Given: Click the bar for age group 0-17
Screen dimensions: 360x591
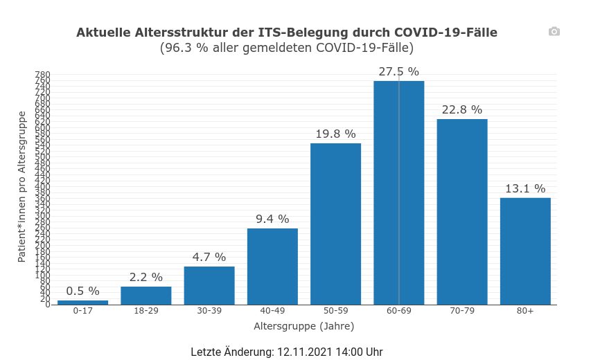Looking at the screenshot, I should [82, 302].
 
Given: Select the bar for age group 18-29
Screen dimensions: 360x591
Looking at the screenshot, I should [145, 296].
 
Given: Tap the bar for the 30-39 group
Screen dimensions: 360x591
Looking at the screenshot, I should [209, 285].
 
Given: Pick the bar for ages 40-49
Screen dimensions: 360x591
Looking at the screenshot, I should [272, 267].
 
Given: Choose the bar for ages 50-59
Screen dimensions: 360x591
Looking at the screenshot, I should [335, 224].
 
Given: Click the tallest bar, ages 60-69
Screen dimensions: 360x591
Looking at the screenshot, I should [399, 192].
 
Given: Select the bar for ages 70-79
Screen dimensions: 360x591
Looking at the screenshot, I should [462, 212].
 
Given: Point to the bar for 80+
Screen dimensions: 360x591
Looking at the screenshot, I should [525, 251].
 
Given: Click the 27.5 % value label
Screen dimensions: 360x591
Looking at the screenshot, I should [399, 71].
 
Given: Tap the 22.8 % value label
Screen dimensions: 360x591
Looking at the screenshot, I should [462, 109].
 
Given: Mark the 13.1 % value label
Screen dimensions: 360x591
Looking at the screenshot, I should [525, 188].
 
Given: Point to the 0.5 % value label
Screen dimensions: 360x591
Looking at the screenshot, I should [82, 291].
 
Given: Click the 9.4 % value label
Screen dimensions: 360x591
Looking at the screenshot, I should [272, 219].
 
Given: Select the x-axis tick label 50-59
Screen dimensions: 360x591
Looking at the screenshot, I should [335, 311].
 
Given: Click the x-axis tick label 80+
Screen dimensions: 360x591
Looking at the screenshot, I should [525, 311].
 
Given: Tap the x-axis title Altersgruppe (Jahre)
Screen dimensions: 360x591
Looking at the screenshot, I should [304, 325].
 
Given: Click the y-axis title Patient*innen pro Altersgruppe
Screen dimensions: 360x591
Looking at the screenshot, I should [21, 186].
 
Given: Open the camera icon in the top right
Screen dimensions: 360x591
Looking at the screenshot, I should [554, 31].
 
